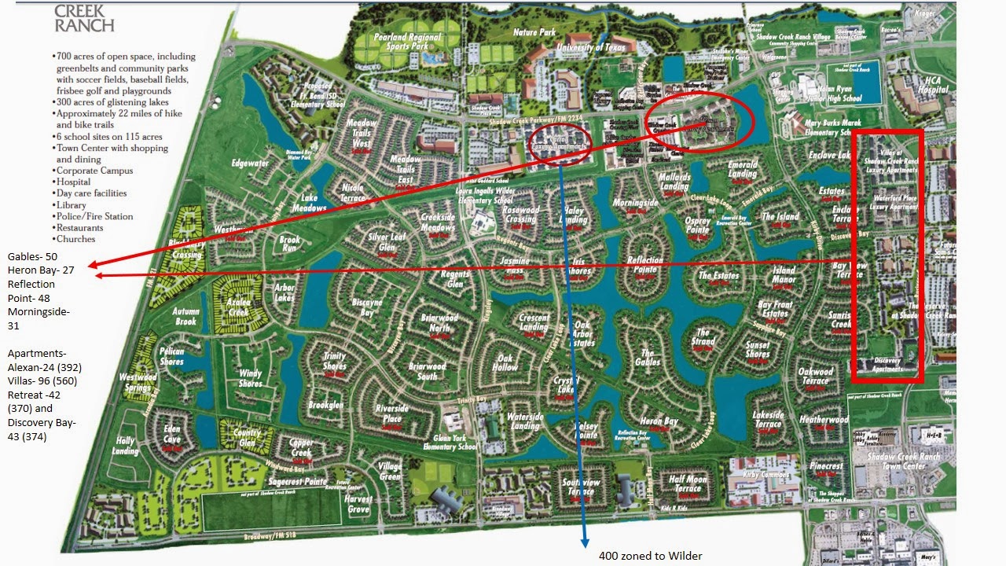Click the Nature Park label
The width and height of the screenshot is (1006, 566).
pyautogui.click(x=535, y=32)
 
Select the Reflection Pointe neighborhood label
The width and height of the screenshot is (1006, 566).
pyautogui.click(x=645, y=265)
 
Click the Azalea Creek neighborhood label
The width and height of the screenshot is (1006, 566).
pyautogui.click(x=238, y=307)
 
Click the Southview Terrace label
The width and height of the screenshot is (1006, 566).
pyautogui.click(x=581, y=487)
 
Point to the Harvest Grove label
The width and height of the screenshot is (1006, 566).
pyautogui.click(x=358, y=504)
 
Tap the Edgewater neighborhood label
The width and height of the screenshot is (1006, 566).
pyautogui.click(x=250, y=164)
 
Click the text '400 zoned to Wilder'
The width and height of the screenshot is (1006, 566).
pyautogui.click(x=650, y=556)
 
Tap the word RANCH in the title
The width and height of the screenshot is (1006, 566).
pyautogui.click(x=84, y=25)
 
